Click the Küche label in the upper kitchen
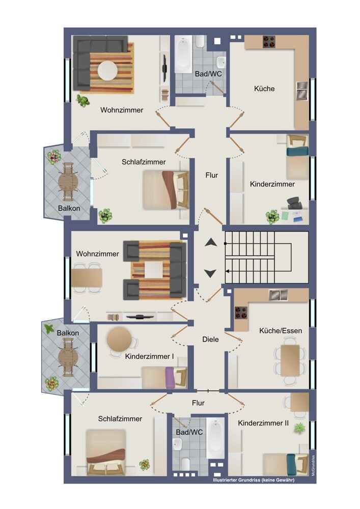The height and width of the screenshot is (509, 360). coord(264,89)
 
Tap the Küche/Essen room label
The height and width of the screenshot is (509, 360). coord(281,331)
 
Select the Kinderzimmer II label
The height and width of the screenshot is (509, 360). coord(263,423)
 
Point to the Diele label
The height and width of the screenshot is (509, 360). coord(210,339)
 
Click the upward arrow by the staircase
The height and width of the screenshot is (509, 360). coord(211,242)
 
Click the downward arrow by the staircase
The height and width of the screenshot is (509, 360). coord(210,273)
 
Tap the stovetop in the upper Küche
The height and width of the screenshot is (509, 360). coord(269,42)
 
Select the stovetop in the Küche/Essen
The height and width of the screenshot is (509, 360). coord(240,313)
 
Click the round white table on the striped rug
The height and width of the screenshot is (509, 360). coord(108,70)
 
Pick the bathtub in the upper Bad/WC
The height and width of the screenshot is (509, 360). coord(183,54)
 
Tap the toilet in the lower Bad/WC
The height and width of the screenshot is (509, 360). coord(186,464)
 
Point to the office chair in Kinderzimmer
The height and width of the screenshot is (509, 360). coord(294,203)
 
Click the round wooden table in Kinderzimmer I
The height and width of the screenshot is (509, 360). coord(119,339)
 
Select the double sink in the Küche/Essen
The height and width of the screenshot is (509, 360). coord(278,295)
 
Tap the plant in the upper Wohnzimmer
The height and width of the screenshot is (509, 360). coord(83,101)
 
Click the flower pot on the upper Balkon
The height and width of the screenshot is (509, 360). coord(54,157)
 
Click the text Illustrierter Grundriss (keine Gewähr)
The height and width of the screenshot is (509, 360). coord(254,480)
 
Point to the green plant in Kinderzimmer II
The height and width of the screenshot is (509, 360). coord(299,428)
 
